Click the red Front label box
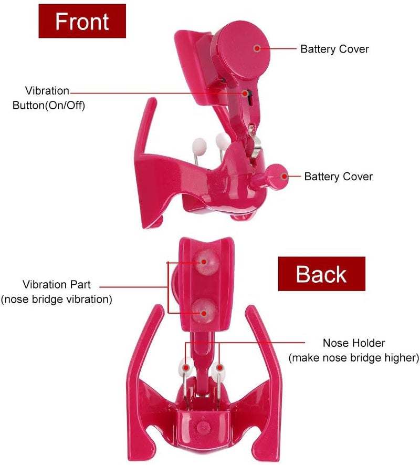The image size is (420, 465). click(x=82, y=21)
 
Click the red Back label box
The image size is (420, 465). click(x=321, y=274)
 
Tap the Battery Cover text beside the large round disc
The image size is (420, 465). click(x=334, y=49)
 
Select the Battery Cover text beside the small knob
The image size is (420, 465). click(x=338, y=177)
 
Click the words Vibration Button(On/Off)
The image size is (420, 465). click(x=48, y=98)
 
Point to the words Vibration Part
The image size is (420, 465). click(x=56, y=284)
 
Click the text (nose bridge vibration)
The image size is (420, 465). click(x=56, y=299)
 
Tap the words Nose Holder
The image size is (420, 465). click(x=354, y=343)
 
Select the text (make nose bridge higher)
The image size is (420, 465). click(x=354, y=358)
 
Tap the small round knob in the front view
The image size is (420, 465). click(x=277, y=177)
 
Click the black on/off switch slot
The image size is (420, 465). click(x=250, y=98)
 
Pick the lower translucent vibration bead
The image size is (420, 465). click(x=204, y=312)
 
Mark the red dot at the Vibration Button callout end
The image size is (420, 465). click(x=245, y=94)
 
